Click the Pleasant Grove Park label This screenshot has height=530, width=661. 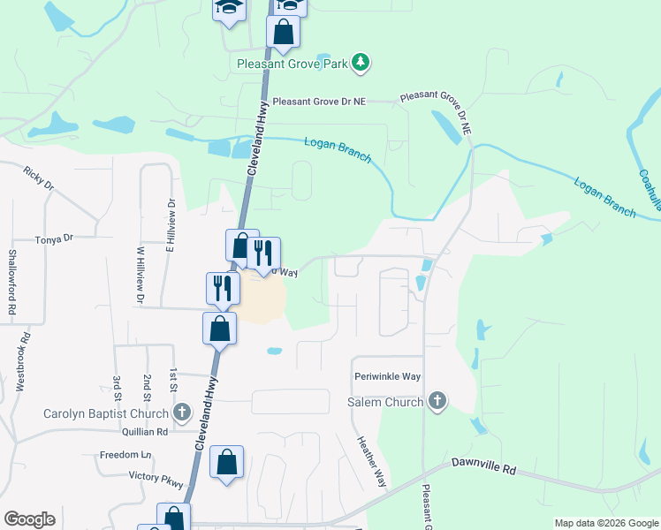point(292,63)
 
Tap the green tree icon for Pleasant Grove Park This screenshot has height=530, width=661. point(360,62)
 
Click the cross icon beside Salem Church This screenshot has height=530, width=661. point(436,402)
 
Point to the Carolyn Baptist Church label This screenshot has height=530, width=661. point(106,413)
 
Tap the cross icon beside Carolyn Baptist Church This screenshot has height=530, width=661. point(182,413)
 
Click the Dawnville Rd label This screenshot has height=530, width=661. point(482,462)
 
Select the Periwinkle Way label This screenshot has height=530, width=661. point(387,376)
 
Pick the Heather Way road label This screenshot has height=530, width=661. point(371,461)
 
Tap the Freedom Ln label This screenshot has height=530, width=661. point(125,456)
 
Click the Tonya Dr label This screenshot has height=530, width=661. point(54,238)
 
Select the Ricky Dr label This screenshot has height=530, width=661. point(40,179)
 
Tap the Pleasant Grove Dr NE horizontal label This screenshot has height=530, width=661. point(319,102)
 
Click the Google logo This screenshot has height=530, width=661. point(29,519)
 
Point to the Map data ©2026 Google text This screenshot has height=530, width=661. point(606,523)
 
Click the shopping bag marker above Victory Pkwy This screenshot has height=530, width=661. point(227,463)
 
